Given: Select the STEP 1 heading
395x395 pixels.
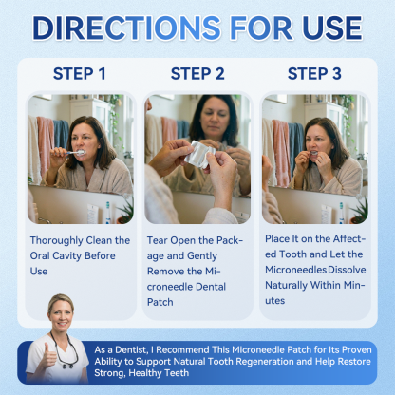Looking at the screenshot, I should [80, 74].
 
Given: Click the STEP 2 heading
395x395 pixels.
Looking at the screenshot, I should [197, 74].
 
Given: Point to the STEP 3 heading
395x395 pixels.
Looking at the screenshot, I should [314, 74].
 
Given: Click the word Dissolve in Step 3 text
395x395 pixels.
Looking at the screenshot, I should [347, 271].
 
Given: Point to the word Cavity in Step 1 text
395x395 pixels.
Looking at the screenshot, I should [68, 255].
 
